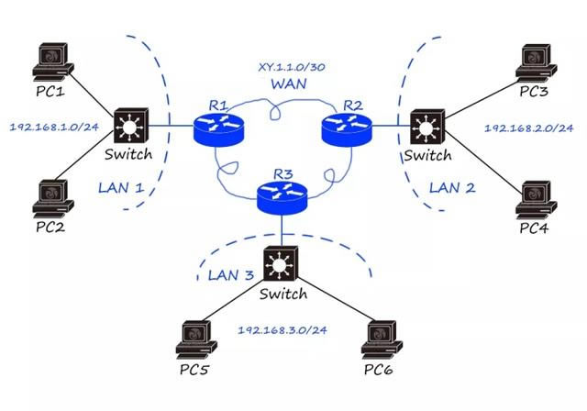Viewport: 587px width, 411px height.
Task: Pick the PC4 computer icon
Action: click(534, 199)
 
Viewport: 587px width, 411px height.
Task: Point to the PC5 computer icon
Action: click(194, 339)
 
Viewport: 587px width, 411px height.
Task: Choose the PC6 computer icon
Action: click(382, 339)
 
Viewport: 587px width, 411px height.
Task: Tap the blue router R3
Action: click(282, 194)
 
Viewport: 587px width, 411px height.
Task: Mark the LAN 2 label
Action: click(451, 189)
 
